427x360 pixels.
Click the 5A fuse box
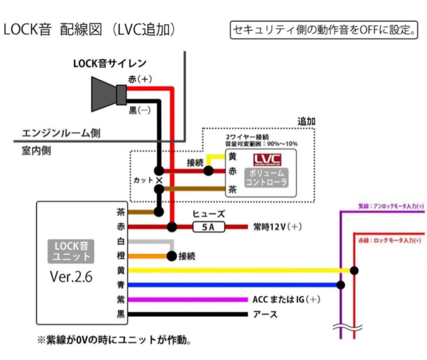tap(208, 227)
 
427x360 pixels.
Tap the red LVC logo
tap(267, 159)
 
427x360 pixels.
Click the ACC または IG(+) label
tap(286, 300)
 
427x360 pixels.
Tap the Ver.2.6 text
tap(71, 277)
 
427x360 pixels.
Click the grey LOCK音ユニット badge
tap(72, 252)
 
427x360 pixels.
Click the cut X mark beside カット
tap(159, 180)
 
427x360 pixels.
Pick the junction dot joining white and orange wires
tap(172, 256)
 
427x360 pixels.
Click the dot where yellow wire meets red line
tap(354, 271)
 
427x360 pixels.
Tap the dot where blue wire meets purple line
tap(340, 285)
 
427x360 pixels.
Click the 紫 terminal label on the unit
tap(121, 300)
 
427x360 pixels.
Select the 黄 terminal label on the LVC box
tap(233, 157)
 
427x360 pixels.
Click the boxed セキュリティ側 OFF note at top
tap(324, 30)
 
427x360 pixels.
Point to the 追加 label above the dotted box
tap(306, 121)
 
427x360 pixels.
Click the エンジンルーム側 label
tap(61, 133)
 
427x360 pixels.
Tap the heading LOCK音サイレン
tap(110, 63)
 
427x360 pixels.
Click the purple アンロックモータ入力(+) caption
tap(391, 206)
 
